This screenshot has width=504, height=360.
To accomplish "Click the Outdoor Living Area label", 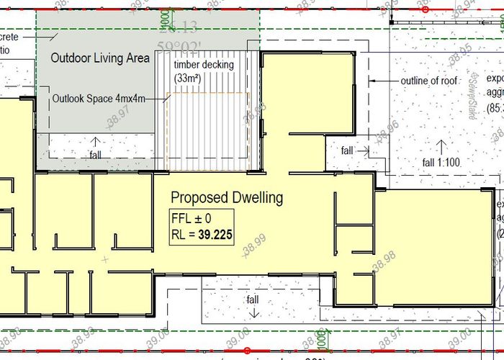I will pos(99,58).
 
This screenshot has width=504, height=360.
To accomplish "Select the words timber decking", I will pos(204,65).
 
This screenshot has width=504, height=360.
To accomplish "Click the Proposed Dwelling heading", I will pos(226,197).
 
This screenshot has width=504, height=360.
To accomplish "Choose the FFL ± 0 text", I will pos(192,217).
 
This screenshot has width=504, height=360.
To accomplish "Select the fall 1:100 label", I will pos(441,162).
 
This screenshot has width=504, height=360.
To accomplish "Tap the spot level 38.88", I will pos(256,112).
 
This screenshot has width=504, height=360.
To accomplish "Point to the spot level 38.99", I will pos(254,246).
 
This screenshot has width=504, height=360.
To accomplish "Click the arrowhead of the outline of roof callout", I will pos(372,81).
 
